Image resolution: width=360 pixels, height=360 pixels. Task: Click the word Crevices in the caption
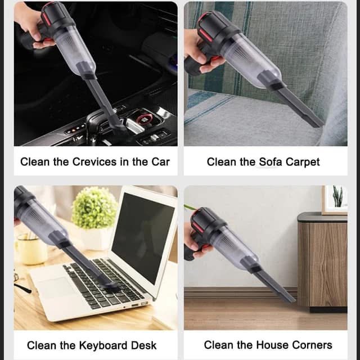click(x=94, y=162)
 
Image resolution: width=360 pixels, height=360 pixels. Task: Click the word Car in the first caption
click(x=160, y=162)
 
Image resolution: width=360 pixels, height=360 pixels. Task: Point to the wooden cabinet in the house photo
click(x=322, y=262)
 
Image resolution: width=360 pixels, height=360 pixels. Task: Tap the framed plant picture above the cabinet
click(x=335, y=200)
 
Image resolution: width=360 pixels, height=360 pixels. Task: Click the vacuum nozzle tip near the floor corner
click(x=291, y=299)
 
